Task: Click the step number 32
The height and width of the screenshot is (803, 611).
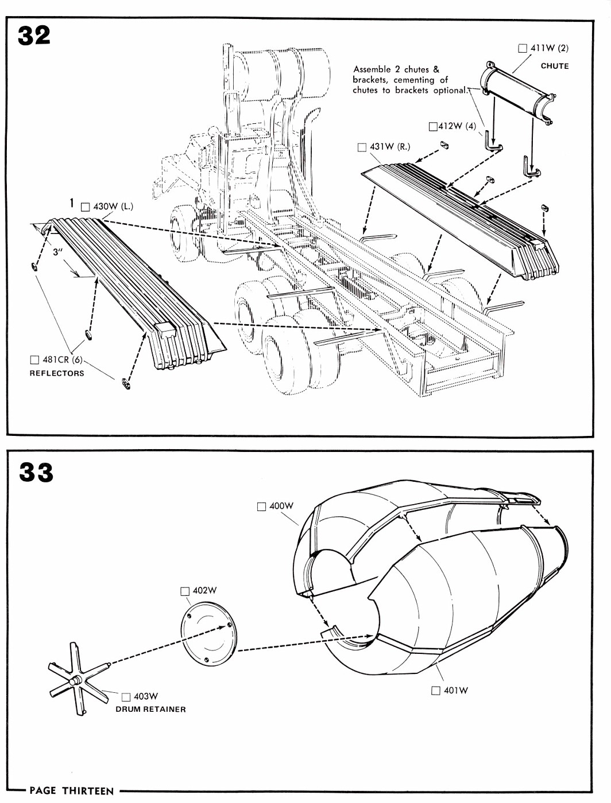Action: pos(34,36)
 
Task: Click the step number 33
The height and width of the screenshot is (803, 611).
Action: pos(36,473)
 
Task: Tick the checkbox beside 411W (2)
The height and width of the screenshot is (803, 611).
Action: pos(523,48)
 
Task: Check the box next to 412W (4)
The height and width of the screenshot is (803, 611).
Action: pos(433,126)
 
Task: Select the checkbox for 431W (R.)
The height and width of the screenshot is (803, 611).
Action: pos(362,147)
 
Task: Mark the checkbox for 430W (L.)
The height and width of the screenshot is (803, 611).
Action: pos(86,207)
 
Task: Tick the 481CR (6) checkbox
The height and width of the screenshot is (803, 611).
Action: pos(34,360)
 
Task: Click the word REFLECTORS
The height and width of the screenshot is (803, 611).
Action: pos(57,373)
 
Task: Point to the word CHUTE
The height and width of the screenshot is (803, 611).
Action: pos(555,66)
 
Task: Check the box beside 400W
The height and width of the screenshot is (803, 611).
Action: pos(262,506)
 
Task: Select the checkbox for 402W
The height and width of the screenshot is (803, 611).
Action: pos(185,591)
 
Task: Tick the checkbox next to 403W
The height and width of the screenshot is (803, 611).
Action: pos(126,697)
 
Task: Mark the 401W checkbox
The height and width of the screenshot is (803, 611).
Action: pos(436,691)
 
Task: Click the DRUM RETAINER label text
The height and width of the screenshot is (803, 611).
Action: pos(151,710)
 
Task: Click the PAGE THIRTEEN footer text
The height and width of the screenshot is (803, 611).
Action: pos(72,791)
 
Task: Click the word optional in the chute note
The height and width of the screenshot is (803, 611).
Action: pos(450,90)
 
